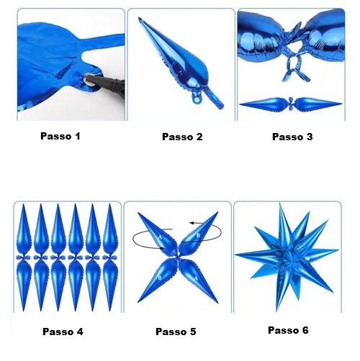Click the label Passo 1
click(x=60, y=136)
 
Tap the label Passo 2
click(x=182, y=137)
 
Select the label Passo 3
click(x=292, y=137)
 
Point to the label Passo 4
click(x=63, y=332)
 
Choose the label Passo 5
click(x=176, y=332)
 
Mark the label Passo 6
click(x=288, y=330)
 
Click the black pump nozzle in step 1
click(x=106, y=82)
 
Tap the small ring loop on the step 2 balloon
click(x=197, y=99)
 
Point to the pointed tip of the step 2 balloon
click(x=139, y=18)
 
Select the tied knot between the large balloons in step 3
click(x=294, y=52)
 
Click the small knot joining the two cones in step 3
click(x=291, y=104)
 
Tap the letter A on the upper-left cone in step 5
click(x=160, y=237)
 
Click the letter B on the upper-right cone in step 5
click(x=198, y=236)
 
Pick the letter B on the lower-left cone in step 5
click(x=160, y=278)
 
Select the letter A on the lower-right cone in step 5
click(x=196, y=278)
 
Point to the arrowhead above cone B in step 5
click(x=192, y=223)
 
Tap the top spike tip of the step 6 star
click(x=280, y=204)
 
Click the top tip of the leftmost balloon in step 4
click(x=24, y=204)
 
